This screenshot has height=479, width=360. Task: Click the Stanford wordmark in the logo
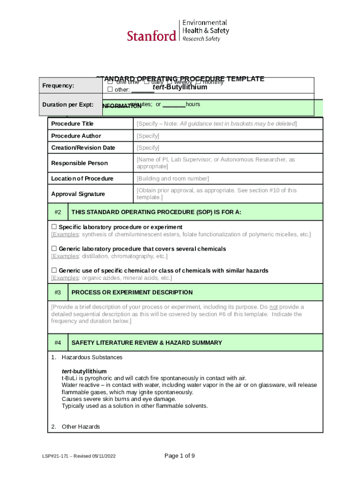click(x=151, y=36)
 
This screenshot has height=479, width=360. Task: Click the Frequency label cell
click(x=58, y=86)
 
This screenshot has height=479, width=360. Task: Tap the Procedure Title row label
click(x=72, y=123)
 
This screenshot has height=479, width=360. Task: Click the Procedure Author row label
click(x=76, y=136)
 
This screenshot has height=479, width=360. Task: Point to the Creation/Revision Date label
click(x=83, y=148)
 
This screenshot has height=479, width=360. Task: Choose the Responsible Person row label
click(x=79, y=163)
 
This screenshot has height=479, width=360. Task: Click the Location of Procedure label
click(x=82, y=179)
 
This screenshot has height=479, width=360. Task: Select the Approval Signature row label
click(x=78, y=194)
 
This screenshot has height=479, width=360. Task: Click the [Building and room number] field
click(x=173, y=179)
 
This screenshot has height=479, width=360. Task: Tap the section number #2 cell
click(x=58, y=212)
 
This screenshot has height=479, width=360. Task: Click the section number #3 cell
click(x=58, y=292)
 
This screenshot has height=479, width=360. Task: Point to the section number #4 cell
click(x=58, y=343)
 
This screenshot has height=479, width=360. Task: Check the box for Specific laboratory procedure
click(x=54, y=227)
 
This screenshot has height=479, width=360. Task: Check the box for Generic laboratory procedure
click(x=54, y=249)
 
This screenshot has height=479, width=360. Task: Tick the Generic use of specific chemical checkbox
click(x=54, y=271)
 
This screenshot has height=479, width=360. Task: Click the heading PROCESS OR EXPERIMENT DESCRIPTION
click(x=132, y=292)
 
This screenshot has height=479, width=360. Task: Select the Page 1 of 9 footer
click(x=180, y=456)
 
